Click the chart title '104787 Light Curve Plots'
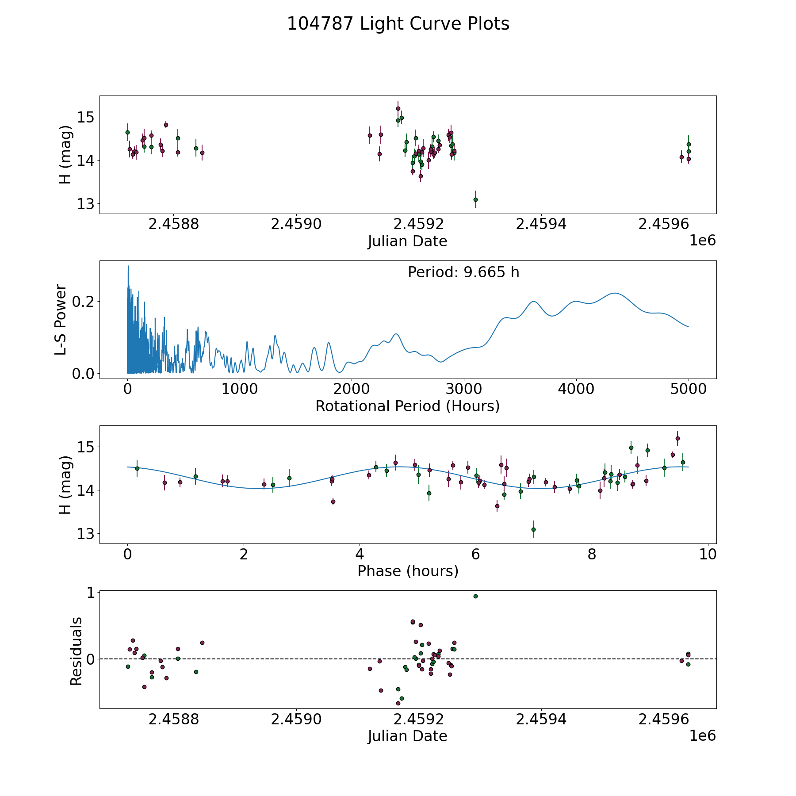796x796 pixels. [398, 24]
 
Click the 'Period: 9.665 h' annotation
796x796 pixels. [463, 272]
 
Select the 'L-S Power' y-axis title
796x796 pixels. [61, 320]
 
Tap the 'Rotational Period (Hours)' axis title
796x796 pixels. [407, 406]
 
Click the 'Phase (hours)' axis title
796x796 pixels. [408, 571]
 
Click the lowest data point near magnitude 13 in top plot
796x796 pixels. [475, 199]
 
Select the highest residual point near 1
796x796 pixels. [475, 596]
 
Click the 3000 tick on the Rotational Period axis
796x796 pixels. [464, 389]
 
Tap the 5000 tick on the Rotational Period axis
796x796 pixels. [688, 389]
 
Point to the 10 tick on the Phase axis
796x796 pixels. [708, 554]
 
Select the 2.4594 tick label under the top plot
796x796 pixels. [541, 224]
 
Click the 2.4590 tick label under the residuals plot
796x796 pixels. [296, 719]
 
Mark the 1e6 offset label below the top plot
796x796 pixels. [702, 241]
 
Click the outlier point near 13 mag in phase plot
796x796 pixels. [533, 529]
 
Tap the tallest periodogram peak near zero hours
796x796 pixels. [128, 266]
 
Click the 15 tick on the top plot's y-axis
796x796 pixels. [85, 117]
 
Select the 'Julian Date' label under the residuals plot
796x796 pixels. [407, 736]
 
